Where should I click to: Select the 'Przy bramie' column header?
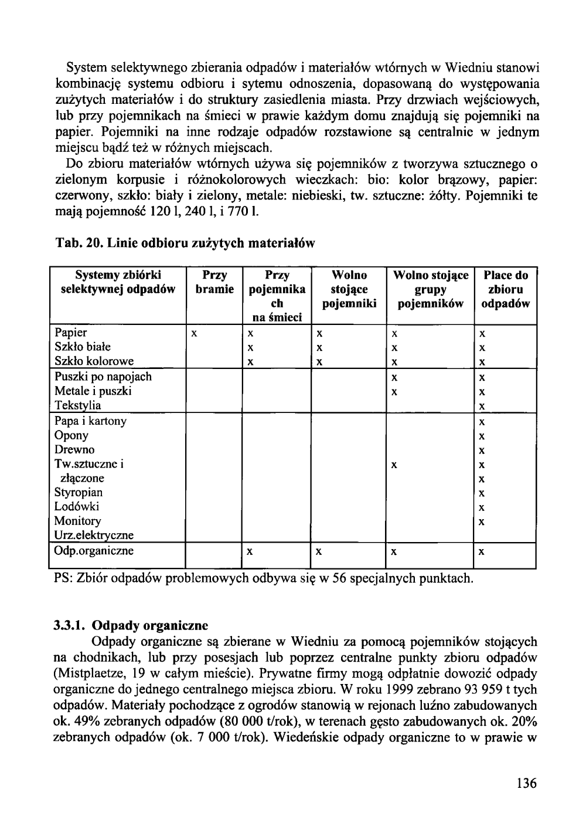click(x=214, y=282)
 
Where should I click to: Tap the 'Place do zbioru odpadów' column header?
click(x=506, y=289)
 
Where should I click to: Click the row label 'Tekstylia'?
click(x=77, y=405)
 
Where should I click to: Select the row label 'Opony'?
click(x=71, y=435)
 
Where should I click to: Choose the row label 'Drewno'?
click(x=74, y=450)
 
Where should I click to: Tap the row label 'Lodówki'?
click(x=76, y=506)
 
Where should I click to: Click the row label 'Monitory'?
click(x=77, y=521)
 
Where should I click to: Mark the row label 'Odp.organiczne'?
click(x=94, y=551)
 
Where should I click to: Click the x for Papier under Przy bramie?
click(x=193, y=334)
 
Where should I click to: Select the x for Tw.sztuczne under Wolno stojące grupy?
click(x=395, y=465)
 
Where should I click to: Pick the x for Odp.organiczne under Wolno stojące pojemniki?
click(x=319, y=552)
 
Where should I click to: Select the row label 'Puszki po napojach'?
click(x=103, y=377)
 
